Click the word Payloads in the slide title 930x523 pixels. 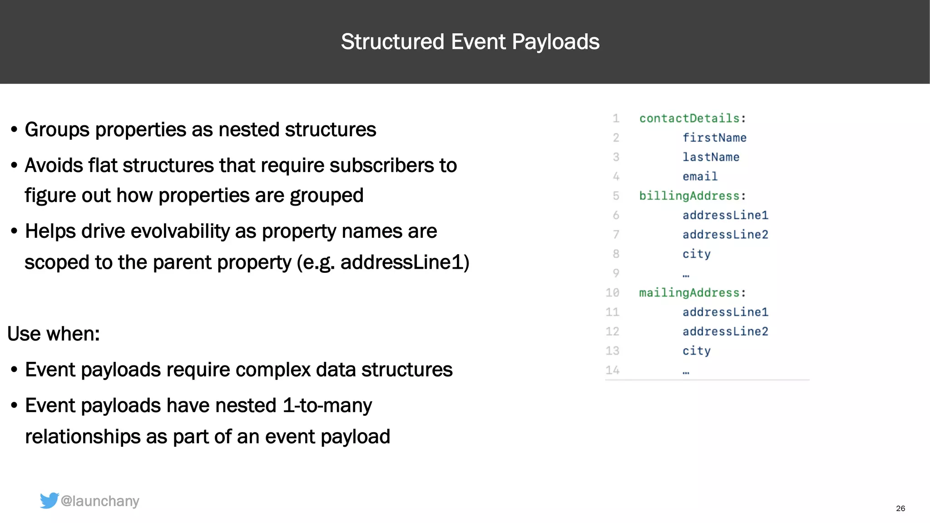[555, 42]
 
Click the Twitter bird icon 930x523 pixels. [49, 500]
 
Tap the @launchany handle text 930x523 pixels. [100, 501]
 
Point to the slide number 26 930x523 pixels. [900, 508]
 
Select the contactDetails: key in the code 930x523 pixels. [692, 118]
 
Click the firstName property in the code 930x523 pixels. [714, 138]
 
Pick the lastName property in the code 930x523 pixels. [711, 157]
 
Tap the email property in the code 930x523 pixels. [700, 177]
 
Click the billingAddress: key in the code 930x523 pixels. [692, 196]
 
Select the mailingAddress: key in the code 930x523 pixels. [692, 293]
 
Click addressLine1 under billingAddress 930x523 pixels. [725, 215]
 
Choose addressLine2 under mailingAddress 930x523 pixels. [725, 331]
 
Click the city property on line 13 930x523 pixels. [696, 351]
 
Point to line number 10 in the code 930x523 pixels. [612, 293]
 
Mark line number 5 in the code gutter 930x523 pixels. [616, 196]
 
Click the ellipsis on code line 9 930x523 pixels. [686, 275]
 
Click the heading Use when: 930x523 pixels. [54, 334]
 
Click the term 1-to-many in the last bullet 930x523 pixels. [327, 406]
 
